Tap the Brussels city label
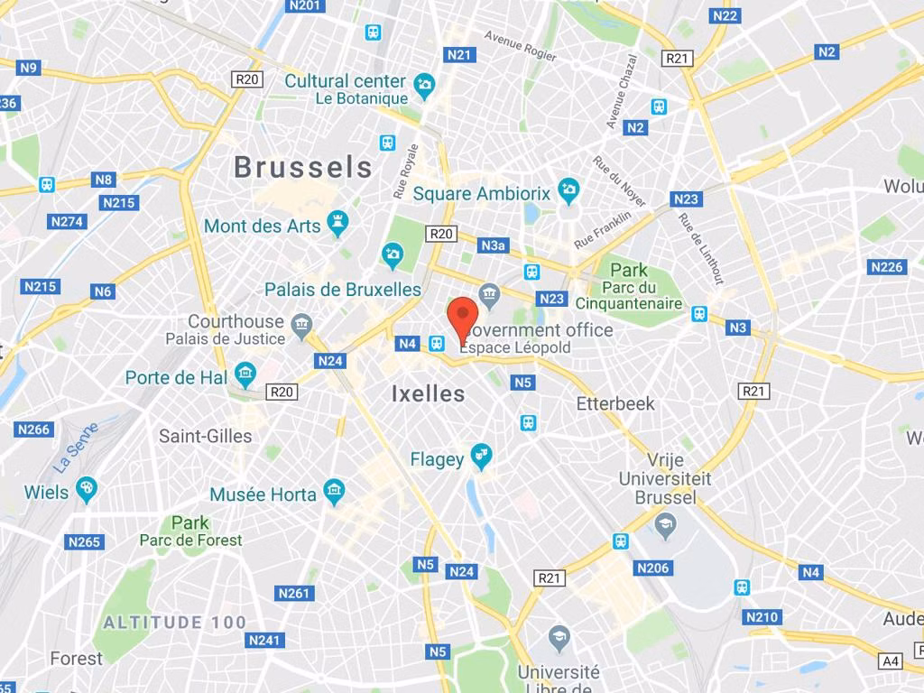[x=302, y=167]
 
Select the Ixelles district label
[x=429, y=393]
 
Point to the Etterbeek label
[x=615, y=403]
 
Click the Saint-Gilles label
[x=206, y=436]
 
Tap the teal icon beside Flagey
[x=482, y=457]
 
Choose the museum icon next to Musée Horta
[x=335, y=493]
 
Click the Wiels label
[x=46, y=492]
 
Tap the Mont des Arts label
[x=263, y=226]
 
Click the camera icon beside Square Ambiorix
[x=568, y=190]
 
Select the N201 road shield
[x=305, y=6]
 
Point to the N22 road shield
[x=725, y=15]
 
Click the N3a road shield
[x=493, y=245]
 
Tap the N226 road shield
[x=886, y=267]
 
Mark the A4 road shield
[x=891, y=661]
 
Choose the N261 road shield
[x=293, y=593]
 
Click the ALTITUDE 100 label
[x=174, y=623]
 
